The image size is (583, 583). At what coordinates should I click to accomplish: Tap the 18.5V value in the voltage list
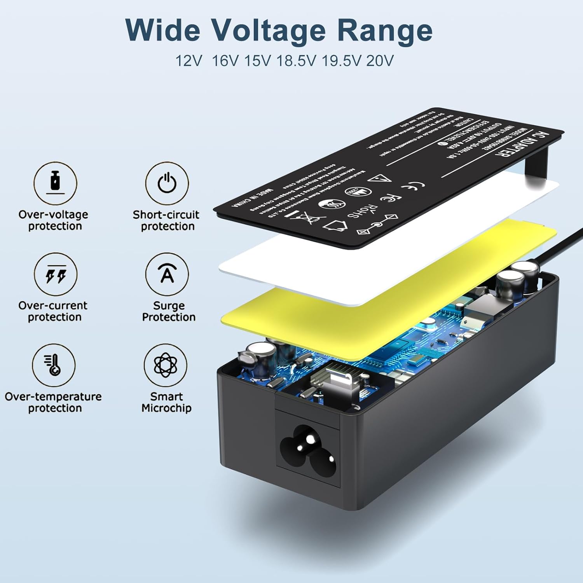coord(296,61)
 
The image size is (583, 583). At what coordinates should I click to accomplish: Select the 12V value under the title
coord(189,61)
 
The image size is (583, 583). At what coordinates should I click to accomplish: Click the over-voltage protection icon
coord(55,183)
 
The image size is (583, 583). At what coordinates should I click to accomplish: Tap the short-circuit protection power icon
coord(167,183)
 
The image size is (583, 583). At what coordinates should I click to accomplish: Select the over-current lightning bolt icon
coord(56,274)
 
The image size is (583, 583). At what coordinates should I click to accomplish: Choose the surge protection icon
coord(167,274)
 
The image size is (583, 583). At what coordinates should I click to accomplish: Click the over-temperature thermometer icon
coord(54,365)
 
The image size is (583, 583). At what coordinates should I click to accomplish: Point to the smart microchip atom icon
coord(166,365)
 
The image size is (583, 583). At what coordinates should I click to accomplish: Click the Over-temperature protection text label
coord(53,402)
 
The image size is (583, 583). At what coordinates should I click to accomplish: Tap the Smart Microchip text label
coord(166,402)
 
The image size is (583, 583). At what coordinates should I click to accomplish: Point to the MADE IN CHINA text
coord(253,198)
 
